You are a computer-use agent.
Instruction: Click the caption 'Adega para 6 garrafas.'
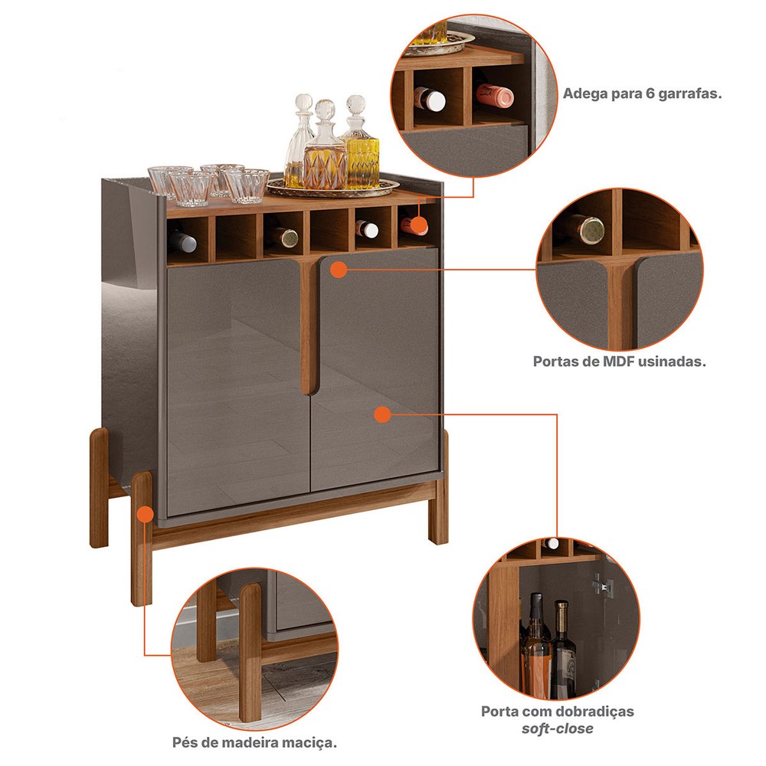pos(643,93)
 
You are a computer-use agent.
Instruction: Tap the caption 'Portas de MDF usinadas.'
pos(619,362)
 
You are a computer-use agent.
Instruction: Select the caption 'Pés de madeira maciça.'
pos(254,743)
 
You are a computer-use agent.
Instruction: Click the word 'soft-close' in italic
pos(558,729)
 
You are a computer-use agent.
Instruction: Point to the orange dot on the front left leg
pos(145,515)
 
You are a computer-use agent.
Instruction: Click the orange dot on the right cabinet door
pos(382,414)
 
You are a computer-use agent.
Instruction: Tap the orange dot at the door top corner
pos(338,269)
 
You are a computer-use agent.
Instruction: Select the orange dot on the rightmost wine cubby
pos(417,226)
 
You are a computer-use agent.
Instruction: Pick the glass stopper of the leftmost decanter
pos(304,104)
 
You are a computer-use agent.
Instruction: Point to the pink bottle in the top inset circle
pos(494,95)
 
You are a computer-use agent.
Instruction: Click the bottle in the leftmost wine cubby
pos(182,239)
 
